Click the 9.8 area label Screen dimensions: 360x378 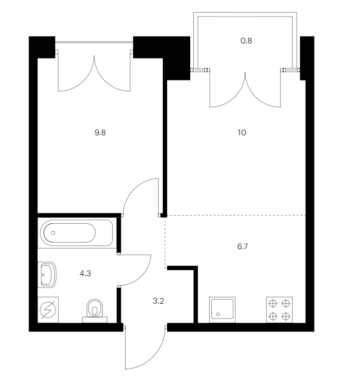click(100, 133)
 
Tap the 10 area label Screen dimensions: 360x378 click(242, 133)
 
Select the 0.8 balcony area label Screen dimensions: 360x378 click(246, 41)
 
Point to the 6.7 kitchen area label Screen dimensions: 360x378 click(242, 246)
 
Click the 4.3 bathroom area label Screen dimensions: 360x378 click(85, 273)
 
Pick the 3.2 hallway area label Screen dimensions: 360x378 click(158, 301)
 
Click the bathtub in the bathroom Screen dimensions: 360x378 click(76, 233)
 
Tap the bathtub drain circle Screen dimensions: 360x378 click(53, 233)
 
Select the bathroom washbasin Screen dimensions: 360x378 click(48, 274)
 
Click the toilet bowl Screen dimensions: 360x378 click(95, 308)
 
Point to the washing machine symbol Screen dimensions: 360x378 click(48, 310)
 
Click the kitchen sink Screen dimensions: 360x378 click(222, 310)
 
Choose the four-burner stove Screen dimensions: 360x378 click(279, 310)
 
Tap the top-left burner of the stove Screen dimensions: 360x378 click(273, 304)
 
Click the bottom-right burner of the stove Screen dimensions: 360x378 click(286, 316)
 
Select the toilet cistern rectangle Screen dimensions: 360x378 click(95, 320)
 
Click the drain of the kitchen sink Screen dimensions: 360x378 click(218, 315)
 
